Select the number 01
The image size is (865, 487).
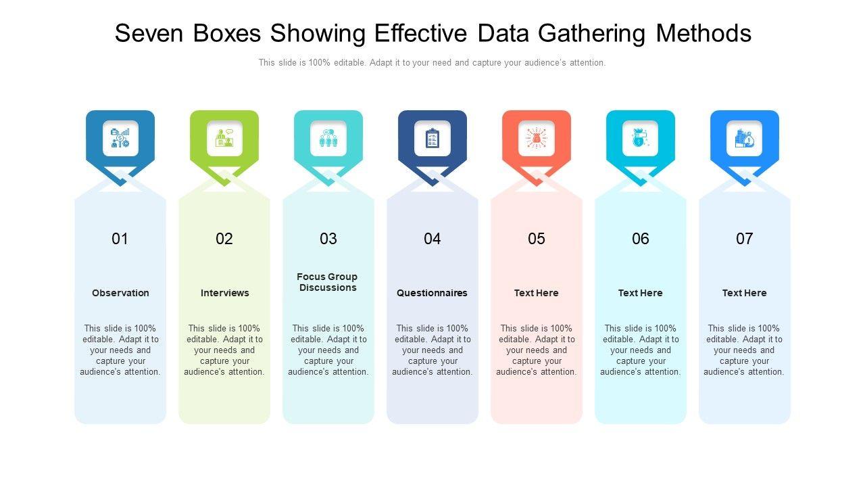tap(120, 239)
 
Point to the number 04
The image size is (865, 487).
tap(432, 239)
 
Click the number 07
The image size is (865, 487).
tap(745, 239)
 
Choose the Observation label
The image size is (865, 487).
tap(120, 293)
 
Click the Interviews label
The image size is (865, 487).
tap(224, 293)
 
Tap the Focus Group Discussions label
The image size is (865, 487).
tap(328, 282)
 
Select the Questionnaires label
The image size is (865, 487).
tap(432, 293)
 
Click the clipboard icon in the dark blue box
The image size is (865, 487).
tap(432, 139)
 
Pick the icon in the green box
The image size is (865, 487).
tap(224, 139)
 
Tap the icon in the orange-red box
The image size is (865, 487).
tap(537, 139)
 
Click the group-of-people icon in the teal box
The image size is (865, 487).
tap(328, 139)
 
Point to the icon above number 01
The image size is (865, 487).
tap(120, 139)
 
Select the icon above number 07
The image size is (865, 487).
tap(745, 139)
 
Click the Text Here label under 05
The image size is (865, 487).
tap(537, 293)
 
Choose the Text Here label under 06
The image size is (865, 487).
tap(641, 293)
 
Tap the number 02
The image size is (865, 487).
tap(224, 239)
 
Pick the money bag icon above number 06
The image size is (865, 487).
tap(641, 139)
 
